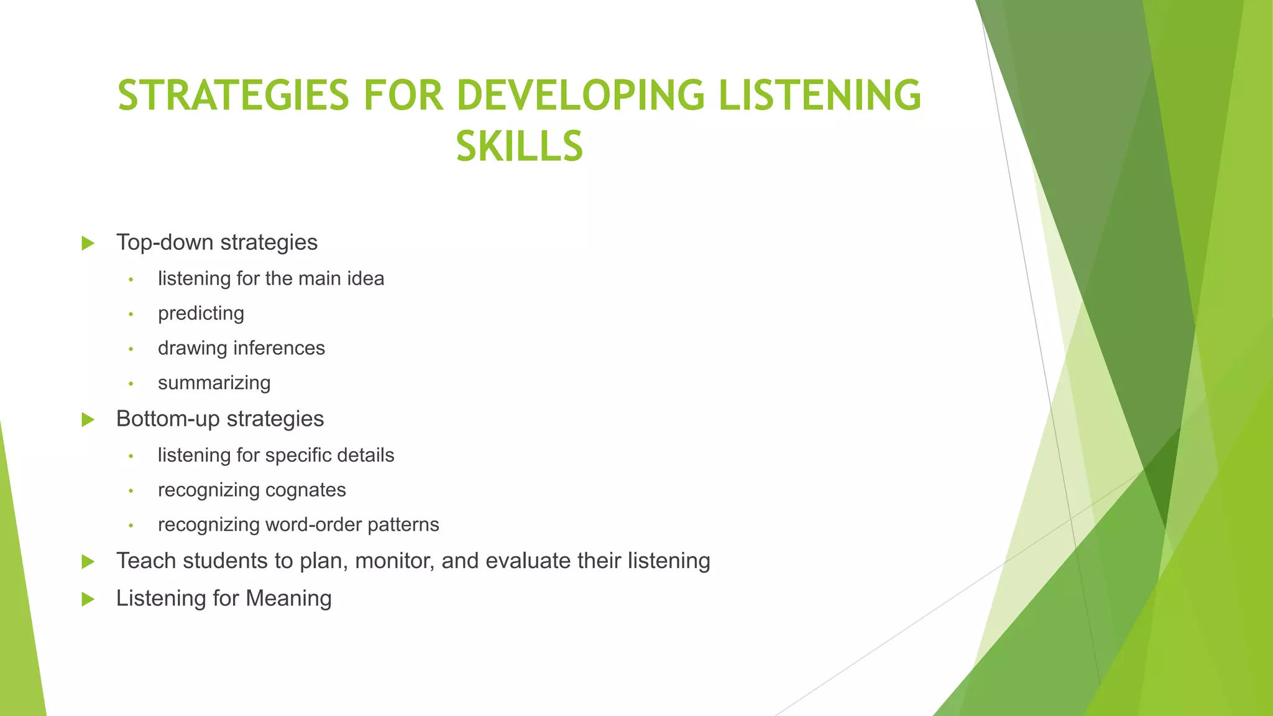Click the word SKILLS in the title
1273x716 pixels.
tap(520, 147)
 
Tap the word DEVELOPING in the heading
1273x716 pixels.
tap(581, 96)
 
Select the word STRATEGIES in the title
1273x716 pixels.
tap(233, 96)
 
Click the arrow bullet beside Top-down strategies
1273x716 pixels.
tap(88, 243)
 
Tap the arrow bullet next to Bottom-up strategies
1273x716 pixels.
tap(88, 420)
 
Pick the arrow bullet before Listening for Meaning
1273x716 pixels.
tap(88, 599)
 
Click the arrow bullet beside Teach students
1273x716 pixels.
tap(88, 562)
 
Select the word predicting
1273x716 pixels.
tap(201, 313)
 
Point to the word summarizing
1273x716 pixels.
tap(214, 383)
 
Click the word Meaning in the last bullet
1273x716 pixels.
tap(288, 598)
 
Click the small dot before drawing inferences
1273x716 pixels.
tap(131, 349)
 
